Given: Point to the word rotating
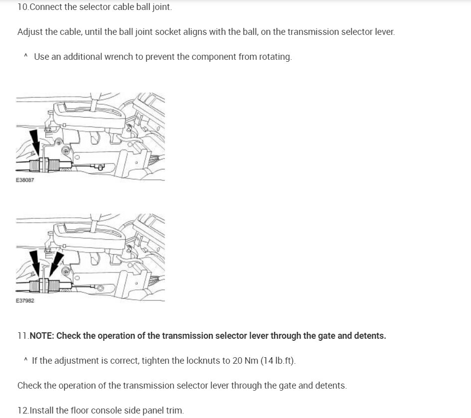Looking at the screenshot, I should point(275,57).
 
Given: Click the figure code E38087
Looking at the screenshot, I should point(25,180).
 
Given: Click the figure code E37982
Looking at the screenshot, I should point(25,301).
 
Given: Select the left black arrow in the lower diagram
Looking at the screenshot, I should point(35,262).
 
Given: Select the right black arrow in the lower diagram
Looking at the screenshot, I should point(56,262).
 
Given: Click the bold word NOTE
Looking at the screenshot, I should point(41,336).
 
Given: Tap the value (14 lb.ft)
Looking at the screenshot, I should point(277,361).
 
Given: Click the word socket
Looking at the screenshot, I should point(157,32).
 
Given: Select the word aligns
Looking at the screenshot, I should point(185,32).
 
